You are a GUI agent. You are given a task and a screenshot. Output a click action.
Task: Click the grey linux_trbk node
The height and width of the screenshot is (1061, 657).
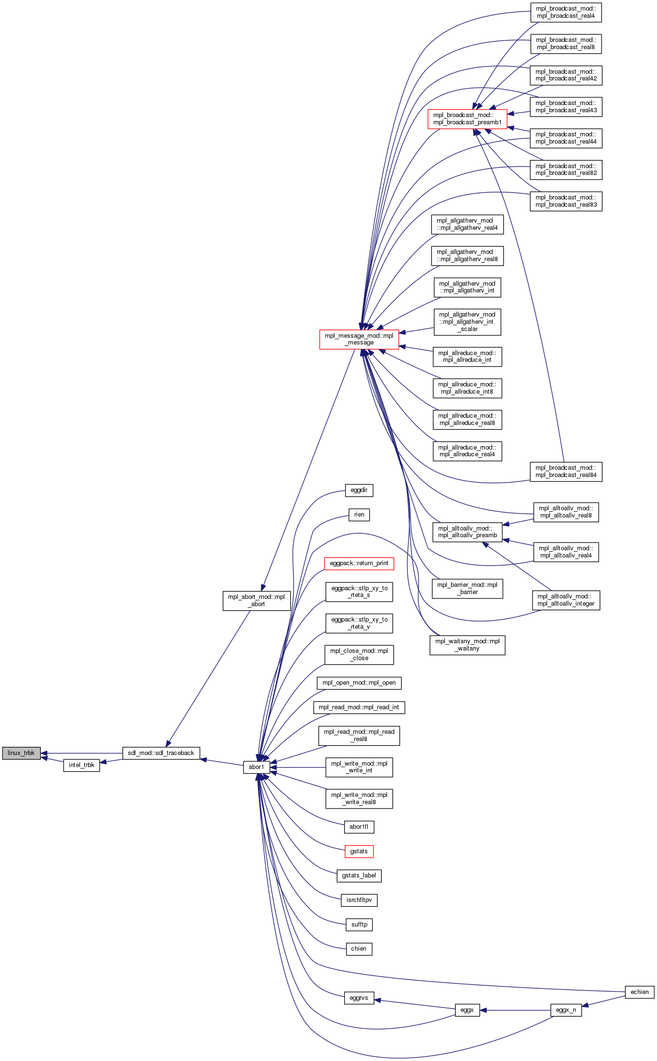[21, 753]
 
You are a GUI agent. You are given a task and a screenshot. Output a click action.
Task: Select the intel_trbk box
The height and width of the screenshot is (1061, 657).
[81, 765]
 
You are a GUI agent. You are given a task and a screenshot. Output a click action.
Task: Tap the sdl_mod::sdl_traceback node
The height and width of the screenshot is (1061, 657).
[161, 753]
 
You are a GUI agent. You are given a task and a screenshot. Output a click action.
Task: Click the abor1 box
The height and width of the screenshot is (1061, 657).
[256, 767]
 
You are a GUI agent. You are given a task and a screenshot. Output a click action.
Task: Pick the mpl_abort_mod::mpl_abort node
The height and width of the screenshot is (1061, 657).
[256, 600]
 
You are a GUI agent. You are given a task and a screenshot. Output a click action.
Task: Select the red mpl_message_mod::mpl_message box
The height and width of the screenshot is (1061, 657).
[359, 339]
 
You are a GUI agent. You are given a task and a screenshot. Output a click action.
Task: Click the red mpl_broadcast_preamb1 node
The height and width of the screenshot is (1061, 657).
[467, 119]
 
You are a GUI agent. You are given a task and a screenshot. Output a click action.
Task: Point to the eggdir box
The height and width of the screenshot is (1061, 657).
[359, 491]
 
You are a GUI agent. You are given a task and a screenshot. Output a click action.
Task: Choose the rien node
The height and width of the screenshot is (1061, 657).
[359, 515]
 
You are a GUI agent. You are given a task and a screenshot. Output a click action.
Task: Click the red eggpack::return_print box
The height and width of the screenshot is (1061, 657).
[359, 563]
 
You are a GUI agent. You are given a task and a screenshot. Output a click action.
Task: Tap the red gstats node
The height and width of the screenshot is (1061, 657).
[359, 851]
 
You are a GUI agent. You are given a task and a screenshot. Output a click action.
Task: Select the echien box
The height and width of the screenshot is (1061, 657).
[639, 992]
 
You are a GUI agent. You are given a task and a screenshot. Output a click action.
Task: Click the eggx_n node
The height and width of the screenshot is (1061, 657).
[566, 1010]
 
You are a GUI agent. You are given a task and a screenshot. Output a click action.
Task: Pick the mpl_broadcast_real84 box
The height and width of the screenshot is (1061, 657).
[566, 471]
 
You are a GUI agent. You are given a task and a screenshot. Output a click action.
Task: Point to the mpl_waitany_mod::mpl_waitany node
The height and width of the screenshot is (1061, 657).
[467, 645]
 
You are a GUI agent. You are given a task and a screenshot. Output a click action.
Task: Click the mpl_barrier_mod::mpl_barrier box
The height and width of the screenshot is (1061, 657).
[467, 588]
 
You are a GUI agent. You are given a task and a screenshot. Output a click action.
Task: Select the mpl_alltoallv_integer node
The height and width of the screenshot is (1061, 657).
[566, 600]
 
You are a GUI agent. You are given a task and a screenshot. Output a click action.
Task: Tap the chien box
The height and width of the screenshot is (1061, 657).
[359, 949]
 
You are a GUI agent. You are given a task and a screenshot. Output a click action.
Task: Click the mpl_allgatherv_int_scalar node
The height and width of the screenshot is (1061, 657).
[467, 322]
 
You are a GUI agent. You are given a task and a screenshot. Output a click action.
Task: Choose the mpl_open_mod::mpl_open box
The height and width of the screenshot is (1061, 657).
[359, 683]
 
